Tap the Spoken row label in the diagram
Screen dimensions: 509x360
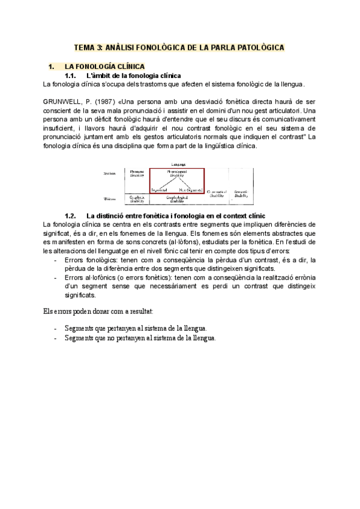pos(110,173)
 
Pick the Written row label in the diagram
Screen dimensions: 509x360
pos(110,197)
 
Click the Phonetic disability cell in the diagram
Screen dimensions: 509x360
pos(137,173)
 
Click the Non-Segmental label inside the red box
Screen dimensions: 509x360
pos(190,190)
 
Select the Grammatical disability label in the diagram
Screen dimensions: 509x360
pos(216,195)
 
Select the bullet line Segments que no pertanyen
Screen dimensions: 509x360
pos(139,338)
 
